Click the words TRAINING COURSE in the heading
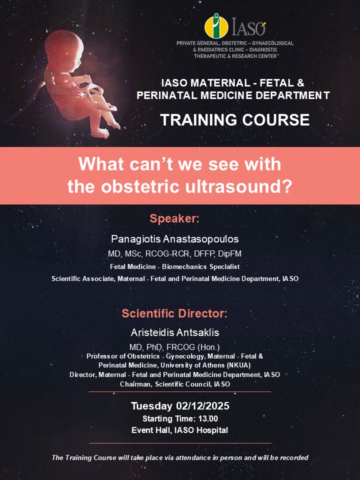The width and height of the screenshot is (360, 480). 234,120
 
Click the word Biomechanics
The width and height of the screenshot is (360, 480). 193,266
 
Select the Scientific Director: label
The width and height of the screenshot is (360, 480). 174,314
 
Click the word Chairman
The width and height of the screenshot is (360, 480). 135,384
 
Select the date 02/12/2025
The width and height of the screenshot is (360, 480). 198,406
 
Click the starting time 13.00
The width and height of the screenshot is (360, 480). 206,418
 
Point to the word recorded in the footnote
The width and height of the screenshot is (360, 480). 292,457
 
